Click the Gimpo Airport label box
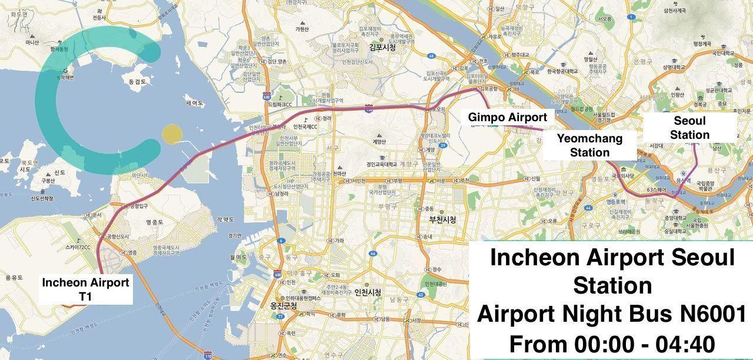point(507,118)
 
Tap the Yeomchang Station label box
point(590,145)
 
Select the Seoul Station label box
point(689,128)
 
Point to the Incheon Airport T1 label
point(85,289)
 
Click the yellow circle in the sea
point(171,134)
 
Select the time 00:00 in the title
point(596,344)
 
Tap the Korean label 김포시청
point(382,48)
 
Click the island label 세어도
point(194,103)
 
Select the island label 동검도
point(136,82)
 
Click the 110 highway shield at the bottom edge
point(208,355)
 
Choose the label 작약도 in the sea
point(226,219)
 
